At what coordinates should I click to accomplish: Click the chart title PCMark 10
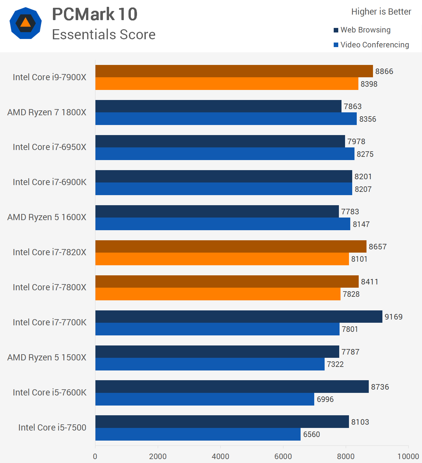click(x=95, y=15)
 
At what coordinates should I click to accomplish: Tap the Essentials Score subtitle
click(x=104, y=35)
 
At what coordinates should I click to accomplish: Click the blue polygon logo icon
click(x=26, y=23)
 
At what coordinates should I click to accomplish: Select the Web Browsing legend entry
click(x=362, y=30)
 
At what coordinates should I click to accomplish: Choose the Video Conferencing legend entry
click(x=371, y=45)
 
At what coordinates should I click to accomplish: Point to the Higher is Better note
click(x=381, y=12)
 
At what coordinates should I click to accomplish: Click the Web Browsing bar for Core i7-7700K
click(x=239, y=317)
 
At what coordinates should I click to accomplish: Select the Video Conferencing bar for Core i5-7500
click(x=198, y=434)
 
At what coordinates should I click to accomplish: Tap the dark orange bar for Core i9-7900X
click(x=234, y=71)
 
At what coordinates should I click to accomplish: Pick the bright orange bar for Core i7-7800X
click(x=218, y=294)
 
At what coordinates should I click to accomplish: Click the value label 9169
click(x=393, y=317)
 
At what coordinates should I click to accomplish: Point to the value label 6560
click(x=311, y=434)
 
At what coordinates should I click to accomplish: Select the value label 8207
click(x=363, y=189)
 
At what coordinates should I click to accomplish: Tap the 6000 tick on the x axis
click(x=283, y=456)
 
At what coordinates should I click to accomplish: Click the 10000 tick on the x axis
click(x=408, y=456)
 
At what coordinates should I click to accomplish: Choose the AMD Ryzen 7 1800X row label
click(x=47, y=112)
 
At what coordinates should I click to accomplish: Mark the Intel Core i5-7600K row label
click(x=50, y=392)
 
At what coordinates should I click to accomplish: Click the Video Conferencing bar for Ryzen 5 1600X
click(x=223, y=224)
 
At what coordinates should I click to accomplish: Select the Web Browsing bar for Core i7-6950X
click(x=220, y=141)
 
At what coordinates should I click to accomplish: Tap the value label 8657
click(x=378, y=246)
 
